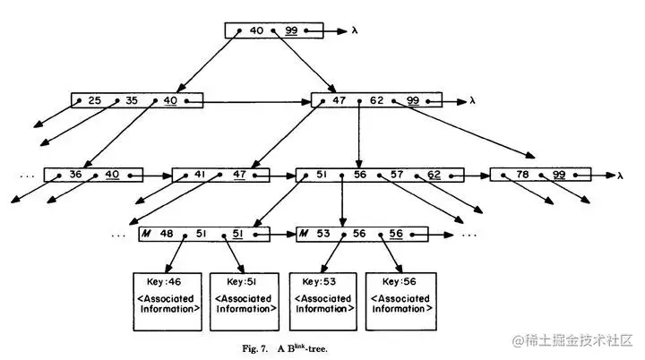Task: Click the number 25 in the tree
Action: (x=95, y=100)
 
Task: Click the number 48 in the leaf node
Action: (x=166, y=233)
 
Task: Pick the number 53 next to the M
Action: (x=325, y=233)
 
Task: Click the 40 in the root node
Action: (x=257, y=30)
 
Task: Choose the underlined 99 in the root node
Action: (x=290, y=30)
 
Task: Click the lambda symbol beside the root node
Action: (x=355, y=30)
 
